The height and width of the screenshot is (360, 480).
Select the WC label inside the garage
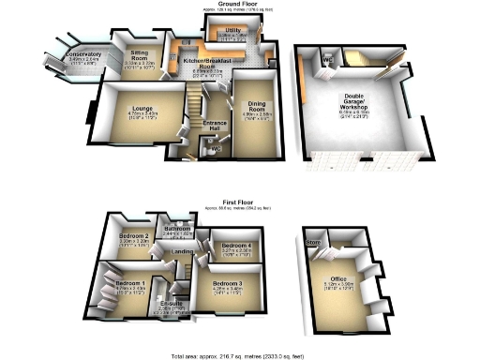pyautogui.click(x=327, y=63)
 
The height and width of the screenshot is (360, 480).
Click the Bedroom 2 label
pyautogui.click(x=136, y=236)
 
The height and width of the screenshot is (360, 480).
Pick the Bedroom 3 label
pyautogui.click(x=228, y=284)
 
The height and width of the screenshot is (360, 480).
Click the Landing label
pyautogui.click(x=184, y=251)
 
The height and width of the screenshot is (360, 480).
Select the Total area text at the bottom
pyautogui.click(x=239, y=354)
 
